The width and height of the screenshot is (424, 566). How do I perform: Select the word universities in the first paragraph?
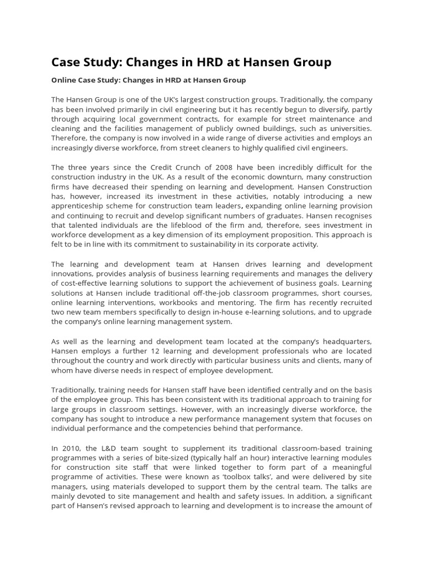(349, 128)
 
